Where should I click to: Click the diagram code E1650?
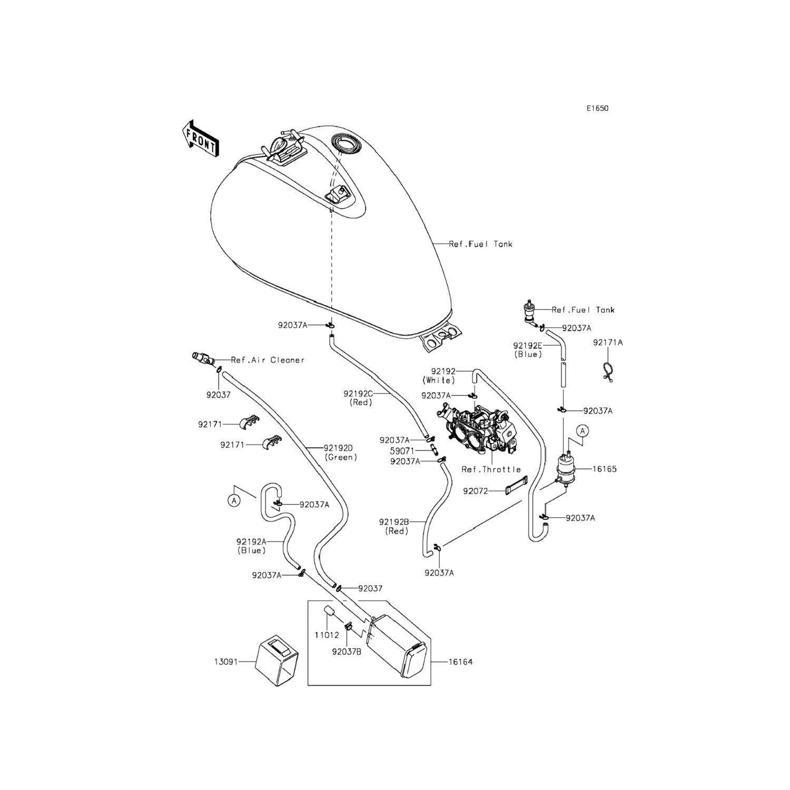[598, 109]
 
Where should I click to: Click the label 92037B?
[347, 651]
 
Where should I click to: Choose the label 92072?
[476, 491]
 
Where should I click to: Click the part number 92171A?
[608, 342]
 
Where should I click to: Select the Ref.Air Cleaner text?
[268, 360]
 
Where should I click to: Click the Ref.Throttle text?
[491, 469]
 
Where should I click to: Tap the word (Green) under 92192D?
[341, 457]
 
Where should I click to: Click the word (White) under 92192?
[438, 380]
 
